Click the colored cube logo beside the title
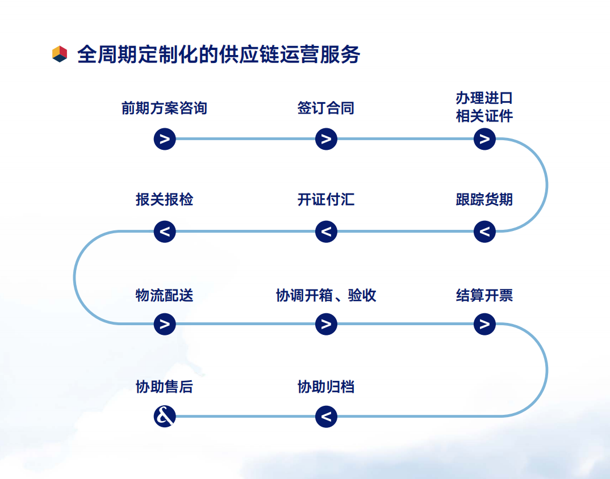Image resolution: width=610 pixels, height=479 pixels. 60,54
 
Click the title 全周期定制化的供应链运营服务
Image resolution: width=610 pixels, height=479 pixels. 219,54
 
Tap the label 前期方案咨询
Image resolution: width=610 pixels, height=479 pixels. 164,108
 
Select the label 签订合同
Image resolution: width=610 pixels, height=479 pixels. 325,108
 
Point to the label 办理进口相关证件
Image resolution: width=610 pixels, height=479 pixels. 484,107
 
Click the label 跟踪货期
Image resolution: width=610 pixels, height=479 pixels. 484,200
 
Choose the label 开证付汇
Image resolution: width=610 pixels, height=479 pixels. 325,200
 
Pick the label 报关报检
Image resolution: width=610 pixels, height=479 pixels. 164,200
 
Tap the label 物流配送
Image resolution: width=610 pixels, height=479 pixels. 164,296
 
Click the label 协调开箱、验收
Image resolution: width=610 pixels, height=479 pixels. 325,296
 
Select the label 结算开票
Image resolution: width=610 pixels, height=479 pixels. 484,296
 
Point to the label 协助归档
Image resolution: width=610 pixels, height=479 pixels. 325,388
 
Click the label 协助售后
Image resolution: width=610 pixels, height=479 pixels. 164,388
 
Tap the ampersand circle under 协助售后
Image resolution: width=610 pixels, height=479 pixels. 165,417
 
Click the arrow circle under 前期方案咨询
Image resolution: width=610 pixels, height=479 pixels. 165,139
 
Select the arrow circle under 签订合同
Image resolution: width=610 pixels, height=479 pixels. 326,139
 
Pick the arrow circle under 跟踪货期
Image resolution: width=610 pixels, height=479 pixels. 484,232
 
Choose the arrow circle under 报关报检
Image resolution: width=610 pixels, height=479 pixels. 165,232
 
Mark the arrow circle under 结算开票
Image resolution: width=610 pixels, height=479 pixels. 484,324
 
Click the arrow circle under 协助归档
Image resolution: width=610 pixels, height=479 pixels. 326,417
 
